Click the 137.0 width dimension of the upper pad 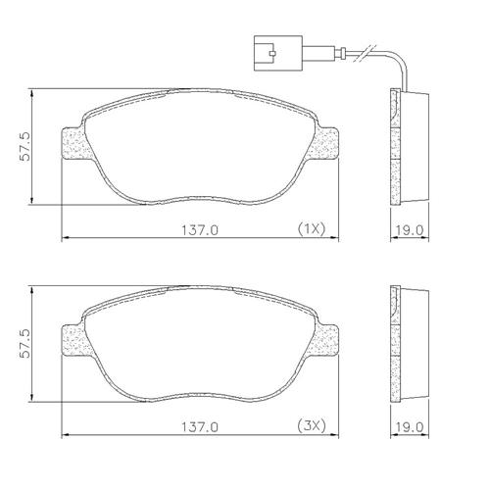(200, 230)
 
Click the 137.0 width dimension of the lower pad (200, 427)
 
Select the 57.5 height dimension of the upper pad (24, 146)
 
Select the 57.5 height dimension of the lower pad (24, 343)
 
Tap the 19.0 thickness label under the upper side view (410, 230)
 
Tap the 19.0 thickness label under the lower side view (410, 427)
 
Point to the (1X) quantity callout (312, 229)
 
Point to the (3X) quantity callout (312, 426)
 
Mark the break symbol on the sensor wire (367, 52)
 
